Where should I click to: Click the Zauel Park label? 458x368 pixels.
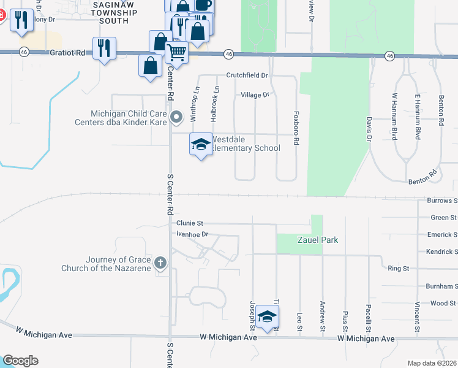(318, 240)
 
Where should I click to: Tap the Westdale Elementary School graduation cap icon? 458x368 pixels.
(200, 145)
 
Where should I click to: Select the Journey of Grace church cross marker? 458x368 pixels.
(160, 263)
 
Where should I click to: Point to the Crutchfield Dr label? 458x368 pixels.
(247, 75)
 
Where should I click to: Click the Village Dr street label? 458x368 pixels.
(255, 95)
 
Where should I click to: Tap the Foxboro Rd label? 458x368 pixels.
(296, 128)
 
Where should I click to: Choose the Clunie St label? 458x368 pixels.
(189, 223)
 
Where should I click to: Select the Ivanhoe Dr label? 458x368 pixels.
(192, 234)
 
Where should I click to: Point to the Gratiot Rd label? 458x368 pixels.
(68, 53)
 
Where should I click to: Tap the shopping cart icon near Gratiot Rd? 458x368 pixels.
(176, 53)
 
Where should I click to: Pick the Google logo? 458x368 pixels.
(21, 360)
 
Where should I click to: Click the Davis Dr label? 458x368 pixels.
(369, 127)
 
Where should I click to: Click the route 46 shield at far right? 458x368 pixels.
(389, 56)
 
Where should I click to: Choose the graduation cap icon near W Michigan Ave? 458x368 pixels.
(267, 316)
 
